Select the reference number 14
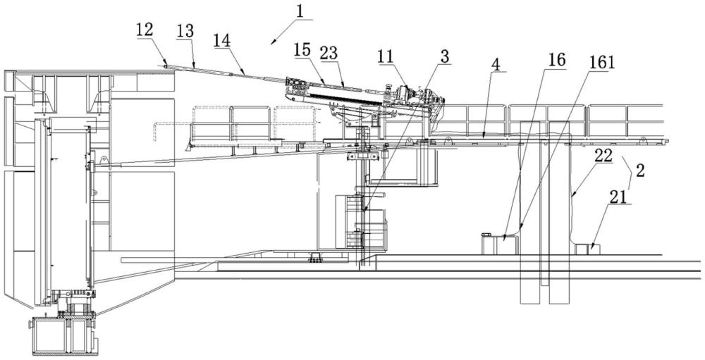[x=222, y=44]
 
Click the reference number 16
[x=557, y=61]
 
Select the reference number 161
[x=603, y=62]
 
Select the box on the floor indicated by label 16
[x=497, y=244]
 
